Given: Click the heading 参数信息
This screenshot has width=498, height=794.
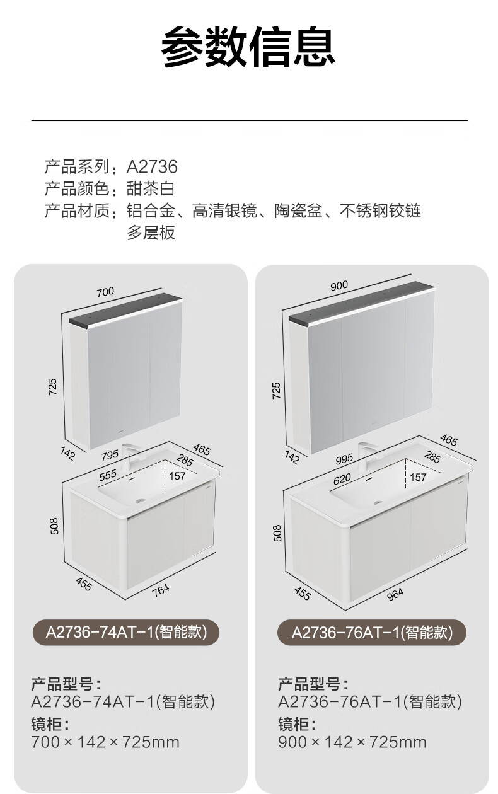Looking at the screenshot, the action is click(x=248, y=47).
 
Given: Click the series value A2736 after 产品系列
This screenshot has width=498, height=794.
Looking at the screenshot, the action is click(x=152, y=167).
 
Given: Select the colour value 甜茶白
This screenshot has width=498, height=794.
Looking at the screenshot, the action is click(x=151, y=188).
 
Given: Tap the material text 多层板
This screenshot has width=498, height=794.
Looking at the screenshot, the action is click(x=151, y=233).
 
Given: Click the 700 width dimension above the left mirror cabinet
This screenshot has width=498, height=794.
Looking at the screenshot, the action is click(x=105, y=292).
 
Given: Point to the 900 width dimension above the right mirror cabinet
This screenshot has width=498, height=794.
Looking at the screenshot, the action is click(x=339, y=285).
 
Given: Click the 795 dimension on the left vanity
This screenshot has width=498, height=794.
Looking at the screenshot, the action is click(x=110, y=456).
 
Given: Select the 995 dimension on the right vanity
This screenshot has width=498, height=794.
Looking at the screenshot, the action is click(x=344, y=459).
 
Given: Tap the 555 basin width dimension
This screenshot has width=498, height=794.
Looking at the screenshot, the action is click(x=107, y=475).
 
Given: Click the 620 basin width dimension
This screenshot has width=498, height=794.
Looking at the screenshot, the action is click(x=342, y=479).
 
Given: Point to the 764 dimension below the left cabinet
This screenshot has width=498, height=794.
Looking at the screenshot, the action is click(x=161, y=590).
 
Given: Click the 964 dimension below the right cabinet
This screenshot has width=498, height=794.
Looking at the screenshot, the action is click(x=395, y=594).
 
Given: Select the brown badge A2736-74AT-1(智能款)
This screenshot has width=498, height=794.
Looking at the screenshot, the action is click(x=126, y=633).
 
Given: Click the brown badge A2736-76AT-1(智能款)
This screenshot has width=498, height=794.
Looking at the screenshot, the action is click(x=372, y=633).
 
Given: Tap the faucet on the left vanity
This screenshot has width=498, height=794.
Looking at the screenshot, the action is click(x=129, y=457).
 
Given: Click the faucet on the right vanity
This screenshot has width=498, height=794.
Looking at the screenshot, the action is click(x=366, y=456).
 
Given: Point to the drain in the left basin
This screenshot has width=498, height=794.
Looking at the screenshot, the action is click(x=141, y=501).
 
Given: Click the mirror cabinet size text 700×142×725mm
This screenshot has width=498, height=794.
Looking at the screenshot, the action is click(x=105, y=742).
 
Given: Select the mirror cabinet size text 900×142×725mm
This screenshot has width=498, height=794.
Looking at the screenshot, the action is click(x=352, y=742).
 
